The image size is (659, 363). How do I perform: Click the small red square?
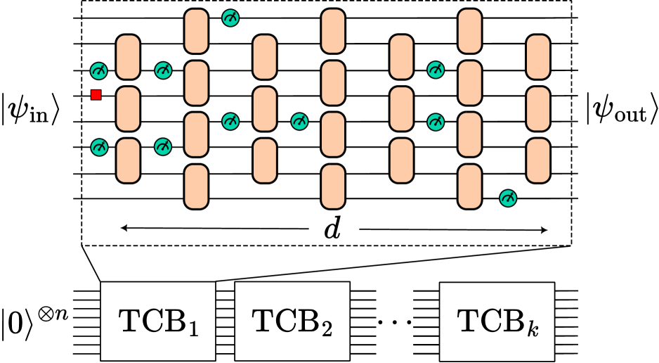point(96,95)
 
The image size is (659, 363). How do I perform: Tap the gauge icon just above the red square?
point(100,71)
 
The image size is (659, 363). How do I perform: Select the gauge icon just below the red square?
point(100,147)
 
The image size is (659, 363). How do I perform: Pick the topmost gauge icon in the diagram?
point(230,18)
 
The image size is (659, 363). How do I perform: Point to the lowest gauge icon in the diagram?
point(508,198)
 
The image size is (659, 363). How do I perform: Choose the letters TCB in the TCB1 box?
point(150,321)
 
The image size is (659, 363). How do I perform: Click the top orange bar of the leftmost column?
point(128,57)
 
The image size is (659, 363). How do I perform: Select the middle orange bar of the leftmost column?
point(128,109)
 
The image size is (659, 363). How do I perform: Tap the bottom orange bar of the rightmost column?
point(538,160)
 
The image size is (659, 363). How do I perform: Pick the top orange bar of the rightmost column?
point(538,57)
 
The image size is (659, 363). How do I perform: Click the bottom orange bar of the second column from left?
point(196,186)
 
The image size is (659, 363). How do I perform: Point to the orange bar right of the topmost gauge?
point(265,57)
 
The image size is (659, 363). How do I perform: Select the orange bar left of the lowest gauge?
point(470,186)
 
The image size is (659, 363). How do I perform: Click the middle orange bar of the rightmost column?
point(538,109)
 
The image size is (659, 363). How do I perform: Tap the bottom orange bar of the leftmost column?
point(128,160)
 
